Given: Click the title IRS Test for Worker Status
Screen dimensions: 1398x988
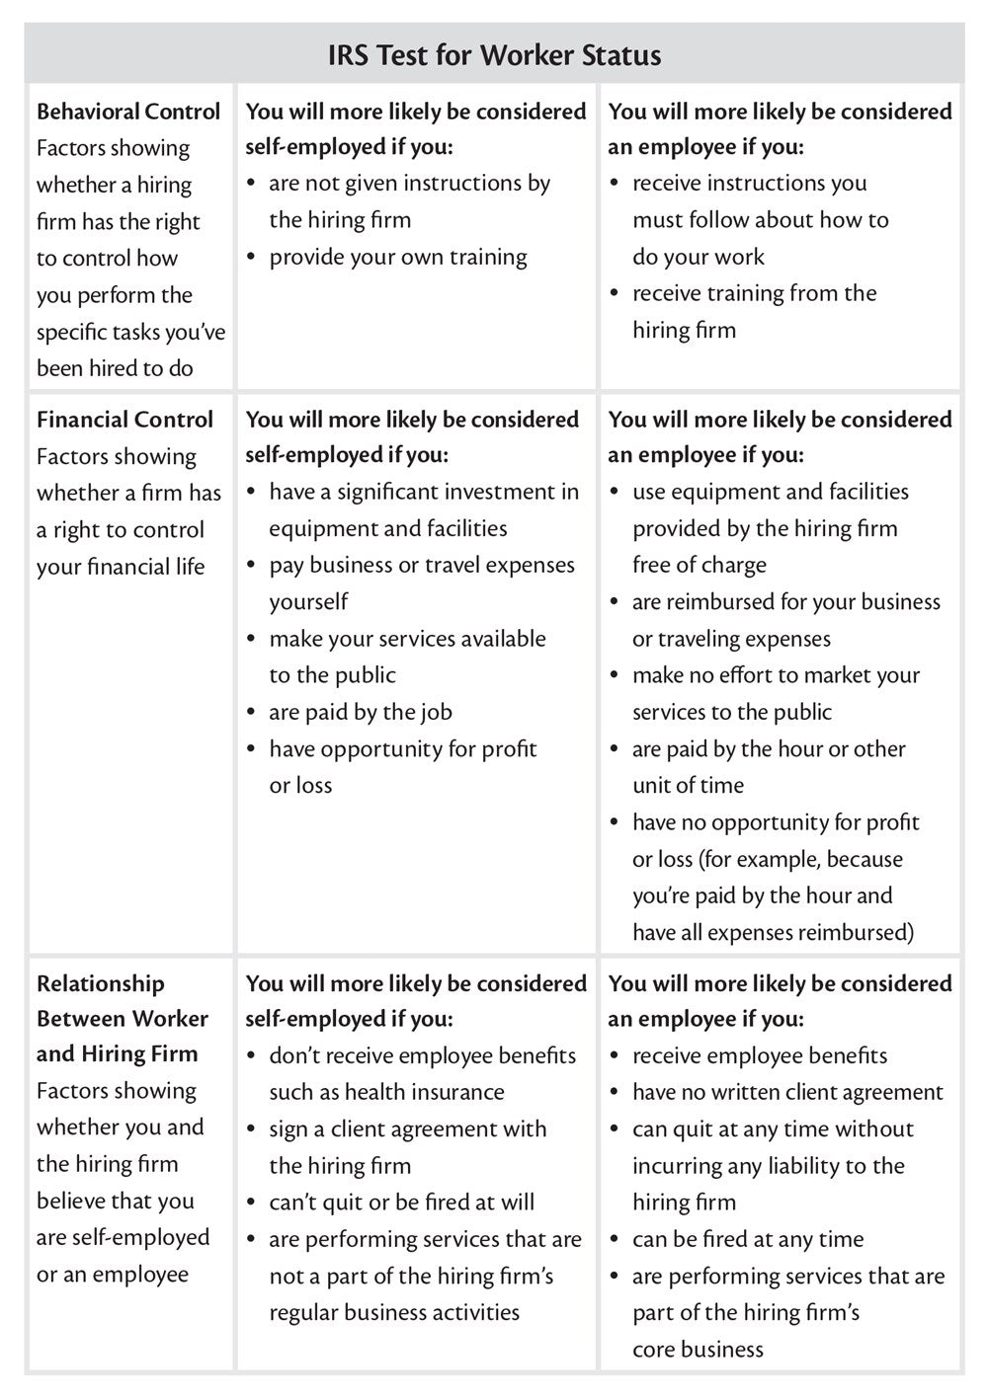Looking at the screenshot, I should [x=494, y=54].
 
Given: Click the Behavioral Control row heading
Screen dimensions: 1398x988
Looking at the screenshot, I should [x=128, y=112].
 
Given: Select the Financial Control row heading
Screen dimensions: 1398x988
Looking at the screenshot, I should [x=124, y=420].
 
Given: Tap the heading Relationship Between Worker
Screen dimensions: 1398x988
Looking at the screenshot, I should [x=123, y=1018].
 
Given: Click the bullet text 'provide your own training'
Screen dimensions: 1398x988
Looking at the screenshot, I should [x=398, y=257].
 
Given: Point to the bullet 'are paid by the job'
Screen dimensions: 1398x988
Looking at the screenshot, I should [x=361, y=712].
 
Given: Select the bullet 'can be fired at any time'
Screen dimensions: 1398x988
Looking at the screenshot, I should [x=748, y=1239].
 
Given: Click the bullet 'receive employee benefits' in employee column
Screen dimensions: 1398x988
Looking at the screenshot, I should [x=760, y=1055].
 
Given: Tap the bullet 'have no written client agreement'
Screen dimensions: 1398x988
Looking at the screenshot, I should [x=787, y=1092].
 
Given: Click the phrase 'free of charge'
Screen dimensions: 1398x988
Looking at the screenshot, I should [x=700, y=565].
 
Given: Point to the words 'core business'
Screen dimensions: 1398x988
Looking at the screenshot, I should [x=698, y=1349].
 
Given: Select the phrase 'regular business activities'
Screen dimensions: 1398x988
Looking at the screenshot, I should [x=394, y=1312].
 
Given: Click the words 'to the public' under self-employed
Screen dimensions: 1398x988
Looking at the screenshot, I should [x=332, y=675].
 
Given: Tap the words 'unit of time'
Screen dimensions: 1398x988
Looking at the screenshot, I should [x=688, y=785].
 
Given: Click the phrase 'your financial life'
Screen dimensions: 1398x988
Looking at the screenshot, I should [x=121, y=567].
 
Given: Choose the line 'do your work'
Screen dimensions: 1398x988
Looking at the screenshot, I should [x=699, y=257].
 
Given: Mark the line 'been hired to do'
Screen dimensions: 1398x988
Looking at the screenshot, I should [x=115, y=368].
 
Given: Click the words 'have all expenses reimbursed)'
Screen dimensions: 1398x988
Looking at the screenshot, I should [x=774, y=932].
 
